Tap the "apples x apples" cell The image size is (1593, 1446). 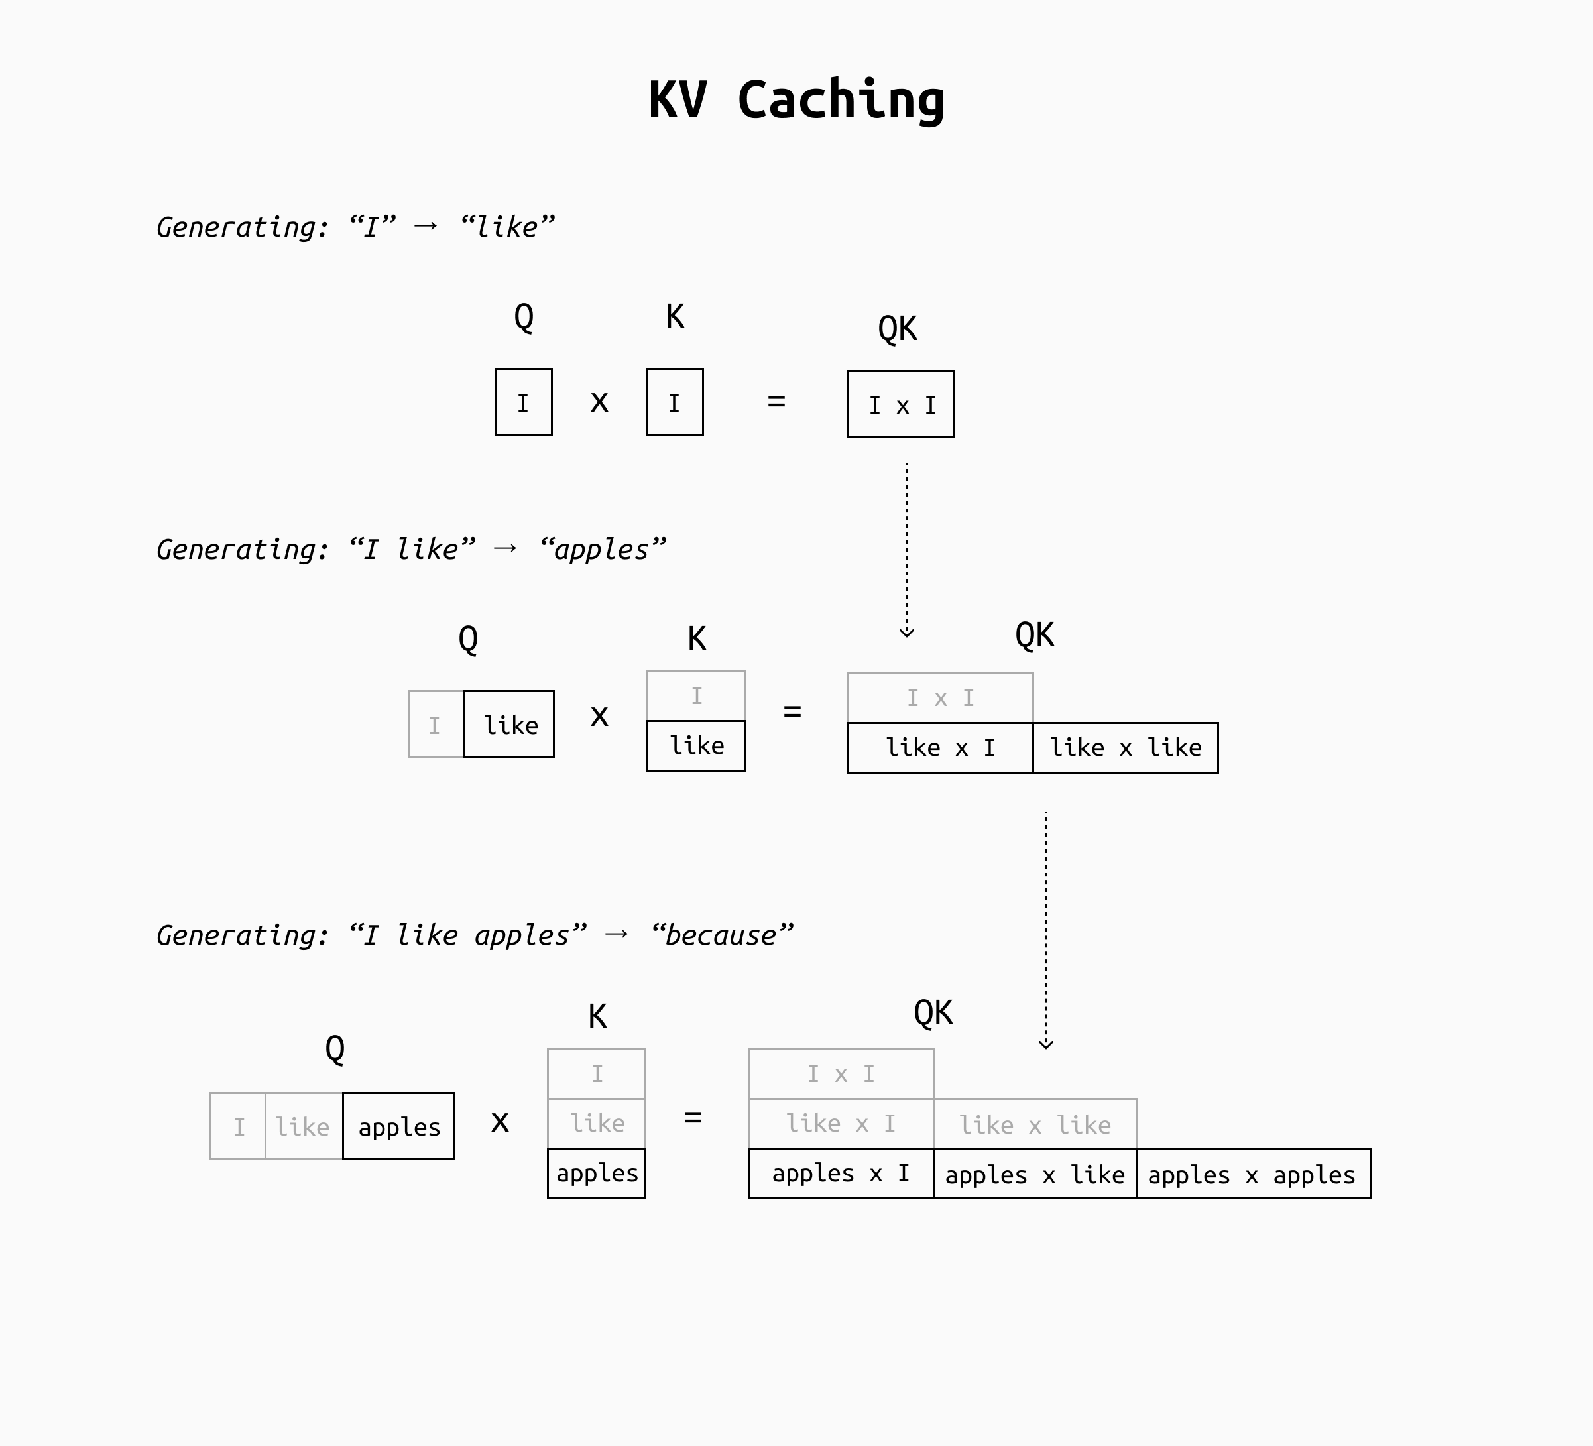pos(1253,1174)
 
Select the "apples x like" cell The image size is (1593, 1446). pos(1034,1174)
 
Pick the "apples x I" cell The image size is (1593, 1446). pos(841,1174)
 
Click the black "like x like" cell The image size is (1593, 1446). pos(1125,747)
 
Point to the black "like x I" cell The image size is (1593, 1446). pos(939,747)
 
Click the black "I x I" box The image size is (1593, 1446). pos(901,404)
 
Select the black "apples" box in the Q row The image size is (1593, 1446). pos(398,1126)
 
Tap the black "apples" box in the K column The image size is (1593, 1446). pos(597,1174)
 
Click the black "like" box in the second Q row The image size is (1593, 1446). pos(509,725)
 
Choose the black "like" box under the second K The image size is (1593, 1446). pos(695,745)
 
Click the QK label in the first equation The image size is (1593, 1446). pos(897,328)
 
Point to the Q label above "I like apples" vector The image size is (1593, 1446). pos(335,1049)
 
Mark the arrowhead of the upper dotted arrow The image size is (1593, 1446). pos(907,632)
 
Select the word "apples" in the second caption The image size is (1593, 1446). pos(602,549)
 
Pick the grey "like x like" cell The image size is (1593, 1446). pos(1034,1124)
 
